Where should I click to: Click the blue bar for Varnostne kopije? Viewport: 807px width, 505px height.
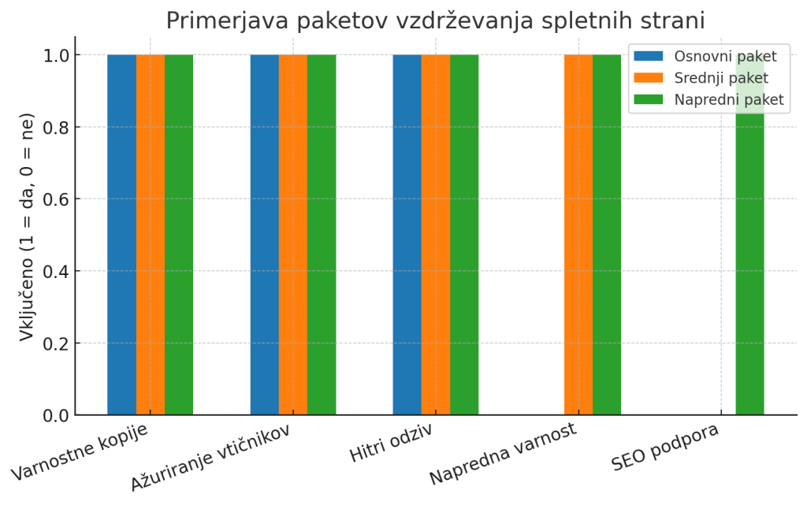point(121,235)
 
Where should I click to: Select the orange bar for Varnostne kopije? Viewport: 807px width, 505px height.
point(151,235)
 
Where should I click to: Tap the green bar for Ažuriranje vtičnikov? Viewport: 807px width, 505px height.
point(322,235)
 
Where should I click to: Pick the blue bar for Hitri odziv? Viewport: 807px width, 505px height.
point(407,235)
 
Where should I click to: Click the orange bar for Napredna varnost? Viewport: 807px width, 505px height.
point(578,235)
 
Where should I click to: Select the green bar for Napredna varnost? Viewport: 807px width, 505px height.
point(607,235)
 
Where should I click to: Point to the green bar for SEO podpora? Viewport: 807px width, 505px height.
point(749,235)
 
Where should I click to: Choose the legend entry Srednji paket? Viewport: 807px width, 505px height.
point(720,77)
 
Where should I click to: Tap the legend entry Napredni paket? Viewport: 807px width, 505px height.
point(728,99)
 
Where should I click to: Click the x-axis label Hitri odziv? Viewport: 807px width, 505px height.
point(390,446)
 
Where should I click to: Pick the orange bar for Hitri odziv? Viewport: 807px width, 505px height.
point(436,235)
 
